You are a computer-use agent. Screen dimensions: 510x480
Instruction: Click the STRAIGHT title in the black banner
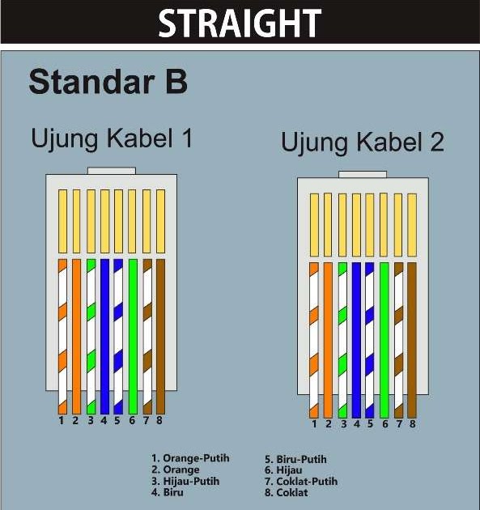click(240, 23)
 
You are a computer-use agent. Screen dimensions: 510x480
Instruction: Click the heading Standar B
click(108, 83)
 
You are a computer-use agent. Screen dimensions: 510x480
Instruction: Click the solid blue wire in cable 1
click(104, 336)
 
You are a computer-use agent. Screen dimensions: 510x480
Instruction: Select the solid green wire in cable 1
click(132, 336)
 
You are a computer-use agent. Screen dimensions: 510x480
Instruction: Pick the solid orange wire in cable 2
click(328, 340)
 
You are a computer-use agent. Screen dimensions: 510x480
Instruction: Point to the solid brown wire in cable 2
click(411, 340)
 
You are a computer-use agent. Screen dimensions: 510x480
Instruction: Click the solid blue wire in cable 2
click(356, 340)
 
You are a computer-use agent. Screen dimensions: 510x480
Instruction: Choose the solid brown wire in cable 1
click(159, 336)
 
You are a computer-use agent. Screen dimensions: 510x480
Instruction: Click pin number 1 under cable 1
click(61, 420)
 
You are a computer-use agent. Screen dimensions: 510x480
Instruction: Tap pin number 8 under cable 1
click(159, 420)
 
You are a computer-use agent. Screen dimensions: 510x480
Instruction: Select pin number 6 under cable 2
click(384, 424)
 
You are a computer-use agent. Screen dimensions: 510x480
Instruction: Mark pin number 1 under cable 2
click(314, 424)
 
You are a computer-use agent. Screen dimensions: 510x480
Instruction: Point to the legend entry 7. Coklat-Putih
click(301, 481)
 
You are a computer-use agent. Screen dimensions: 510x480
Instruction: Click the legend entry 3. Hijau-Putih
click(185, 481)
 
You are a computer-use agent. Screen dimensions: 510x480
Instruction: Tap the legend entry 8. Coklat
click(286, 492)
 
